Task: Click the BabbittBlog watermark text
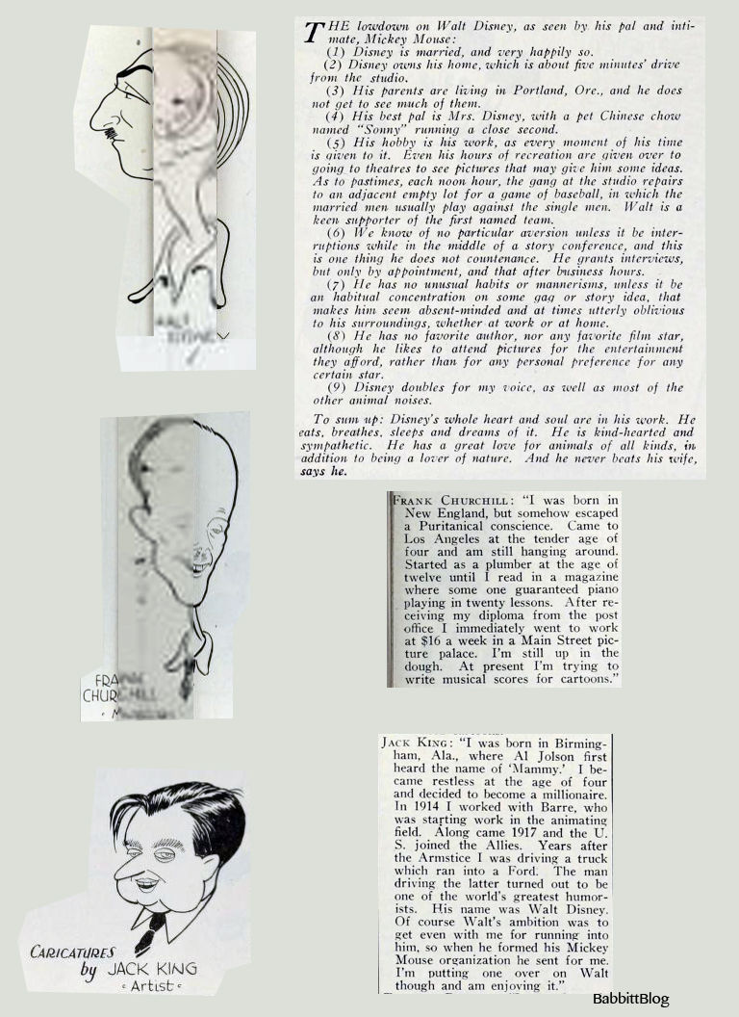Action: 630,999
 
